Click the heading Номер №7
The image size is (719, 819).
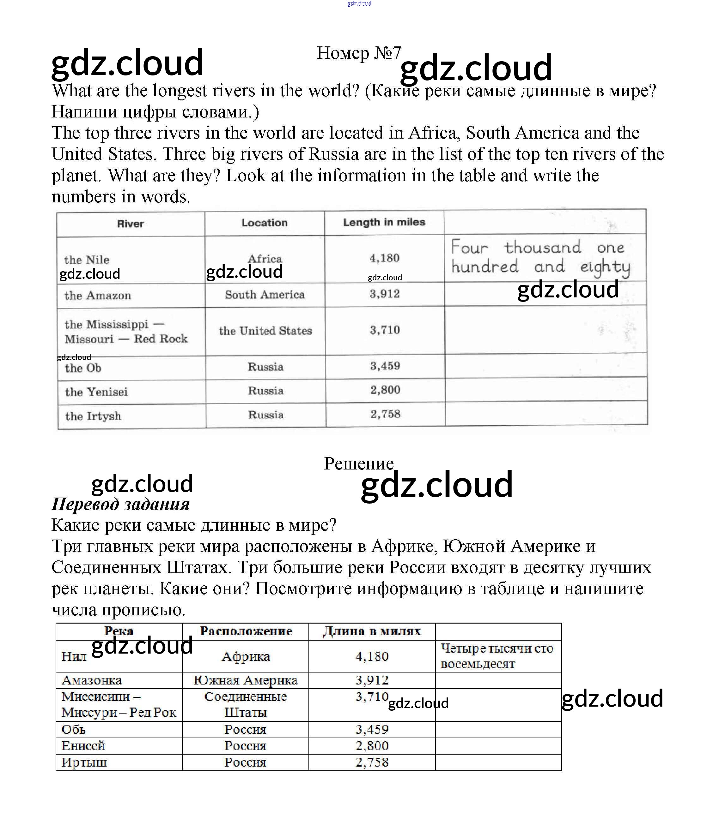[x=358, y=53]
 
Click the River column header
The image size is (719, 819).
[x=130, y=224]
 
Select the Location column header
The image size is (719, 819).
[x=264, y=223]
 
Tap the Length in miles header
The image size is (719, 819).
[x=384, y=222]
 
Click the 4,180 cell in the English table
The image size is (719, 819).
[x=384, y=258]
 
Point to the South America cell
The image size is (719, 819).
[x=265, y=295]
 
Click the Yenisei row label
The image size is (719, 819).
[x=96, y=392]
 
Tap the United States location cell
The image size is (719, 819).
[x=265, y=331]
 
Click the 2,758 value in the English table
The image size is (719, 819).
[x=385, y=414]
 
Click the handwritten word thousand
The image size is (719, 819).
[x=542, y=247]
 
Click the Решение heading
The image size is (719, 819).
[x=358, y=463]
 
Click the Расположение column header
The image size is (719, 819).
[x=246, y=631]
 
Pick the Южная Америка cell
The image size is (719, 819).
[x=246, y=680]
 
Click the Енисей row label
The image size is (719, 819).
[x=83, y=746]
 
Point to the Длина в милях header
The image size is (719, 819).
[x=372, y=631]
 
